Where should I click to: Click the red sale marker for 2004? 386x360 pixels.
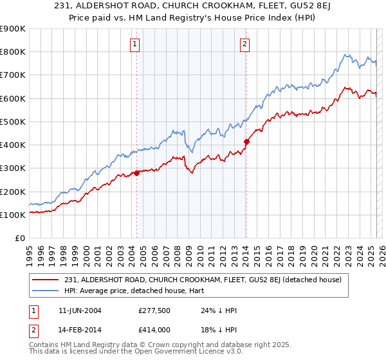[x=136, y=173]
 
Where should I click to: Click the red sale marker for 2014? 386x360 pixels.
[x=246, y=141]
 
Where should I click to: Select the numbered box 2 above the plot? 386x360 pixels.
[x=245, y=44]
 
